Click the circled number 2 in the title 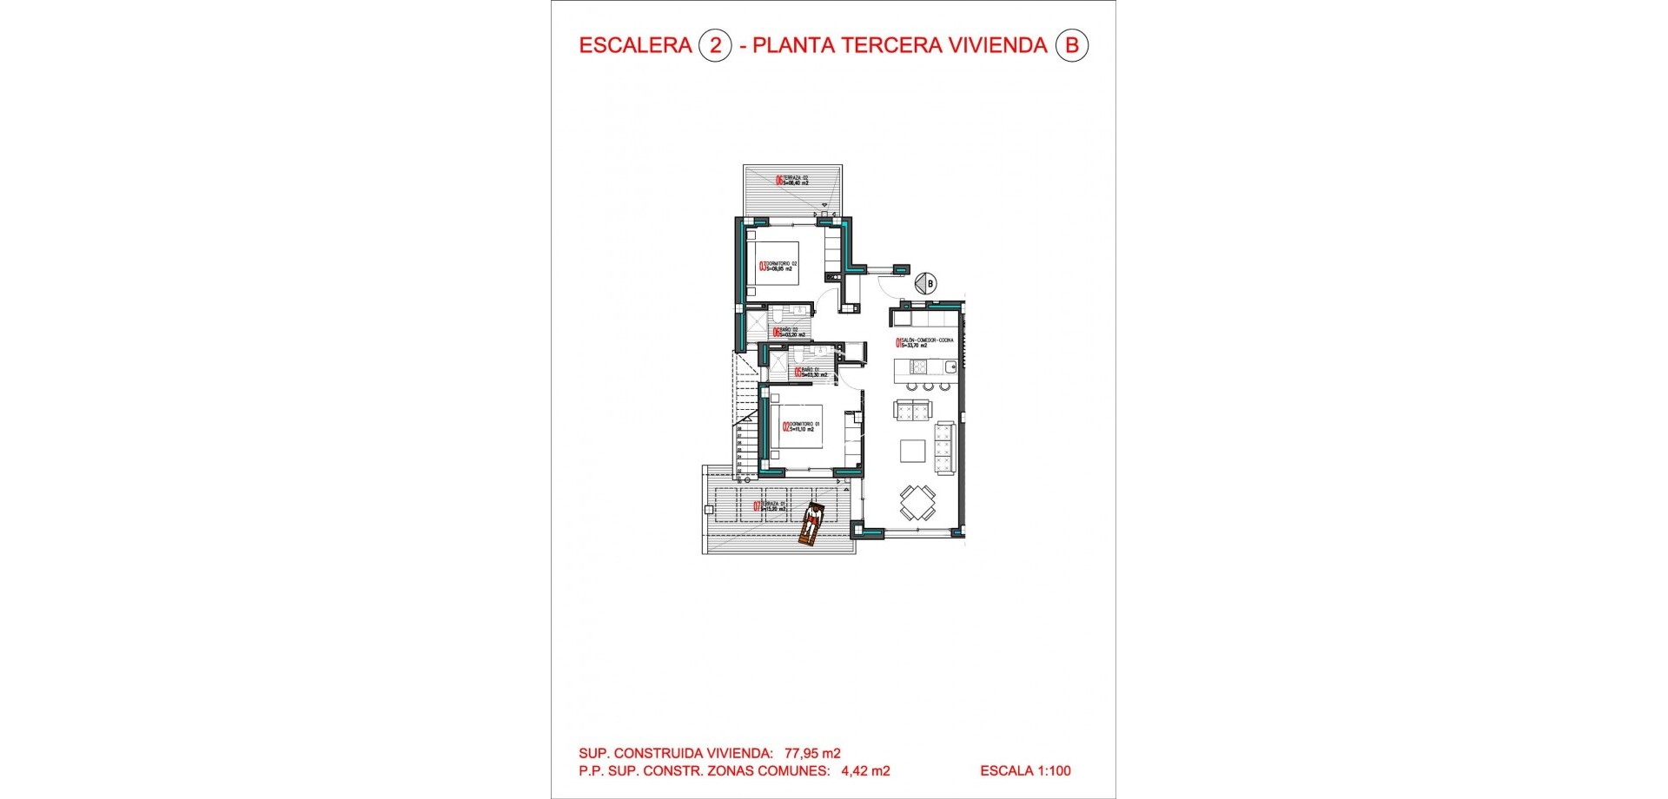point(715,45)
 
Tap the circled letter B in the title point(1071,45)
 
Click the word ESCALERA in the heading point(635,45)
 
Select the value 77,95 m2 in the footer point(812,753)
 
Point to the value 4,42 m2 point(865,770)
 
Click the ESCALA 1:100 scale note point(1025,770)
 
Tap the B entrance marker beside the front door point(928,283)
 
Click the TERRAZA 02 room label point(792,181)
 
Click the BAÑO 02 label point(789,332)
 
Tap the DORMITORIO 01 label point(800,426)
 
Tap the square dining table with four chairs point(917,502)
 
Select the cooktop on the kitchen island point(918,366)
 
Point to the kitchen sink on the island point(950,366)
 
